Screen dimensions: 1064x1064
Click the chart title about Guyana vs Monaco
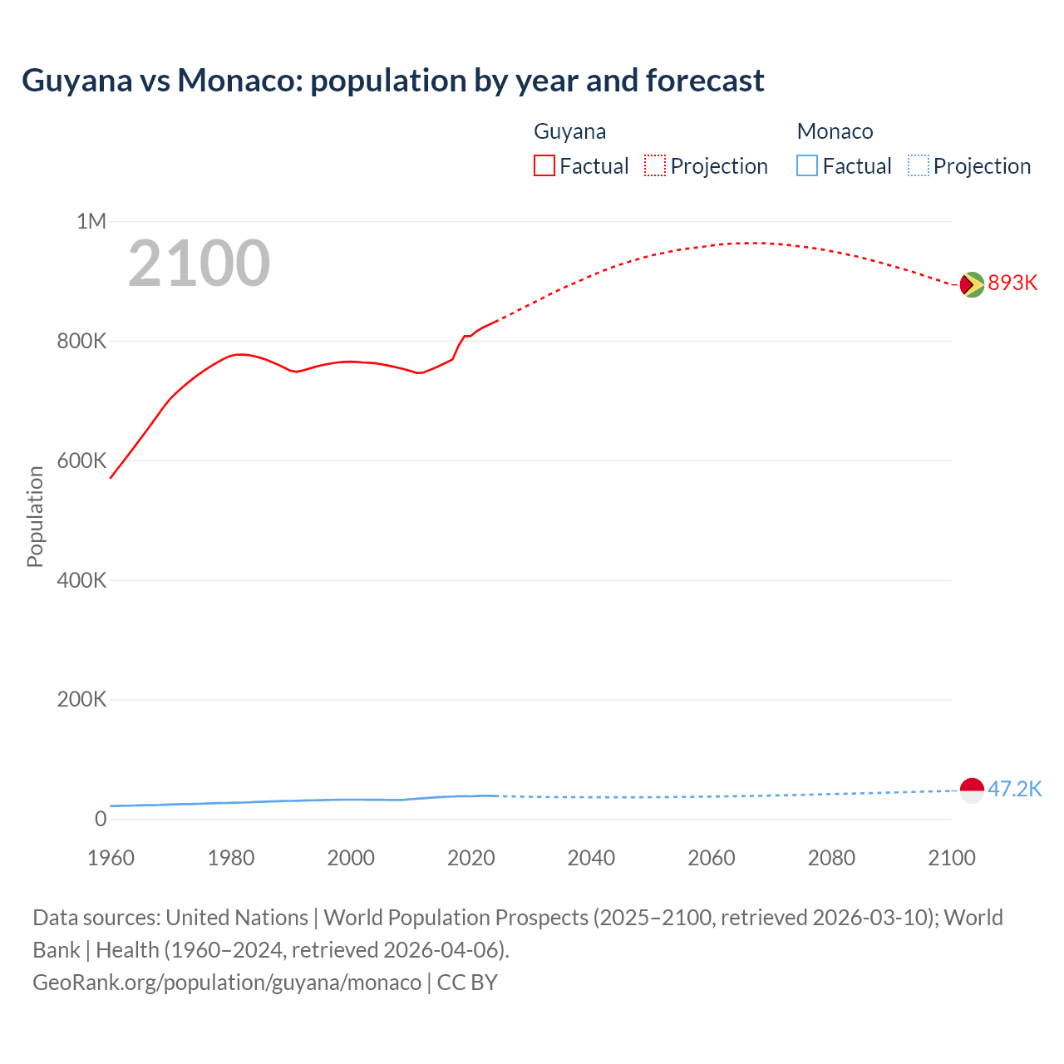(392, 81)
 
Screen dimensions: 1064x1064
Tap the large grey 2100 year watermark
(199, 264)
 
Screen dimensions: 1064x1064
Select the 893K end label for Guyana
(1012, 283)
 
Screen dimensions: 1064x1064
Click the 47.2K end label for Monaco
(1014, 789)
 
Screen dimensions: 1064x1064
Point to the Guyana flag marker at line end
(972, 284)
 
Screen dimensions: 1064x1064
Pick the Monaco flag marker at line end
(972, 790)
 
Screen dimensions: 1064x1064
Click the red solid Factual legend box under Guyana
(544, 166)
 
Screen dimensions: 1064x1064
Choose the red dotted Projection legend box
(655, 166)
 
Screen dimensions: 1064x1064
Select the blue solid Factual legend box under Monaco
(806, 166)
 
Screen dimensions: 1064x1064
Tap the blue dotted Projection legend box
(918, 166)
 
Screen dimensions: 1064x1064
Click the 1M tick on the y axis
(91, 221)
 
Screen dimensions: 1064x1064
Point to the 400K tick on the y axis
(81, 580)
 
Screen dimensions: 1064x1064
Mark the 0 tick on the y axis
(101, 819)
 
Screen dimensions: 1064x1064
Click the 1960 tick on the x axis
(111, 858)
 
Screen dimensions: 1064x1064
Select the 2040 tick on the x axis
(591, 858)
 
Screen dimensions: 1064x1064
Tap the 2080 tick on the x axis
(831, 858)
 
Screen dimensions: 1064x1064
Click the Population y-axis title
(35, 516)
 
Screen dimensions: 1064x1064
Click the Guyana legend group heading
(569, 131)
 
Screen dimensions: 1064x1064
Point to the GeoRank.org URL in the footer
(226, 983)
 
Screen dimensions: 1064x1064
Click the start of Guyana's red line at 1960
(111, 477)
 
